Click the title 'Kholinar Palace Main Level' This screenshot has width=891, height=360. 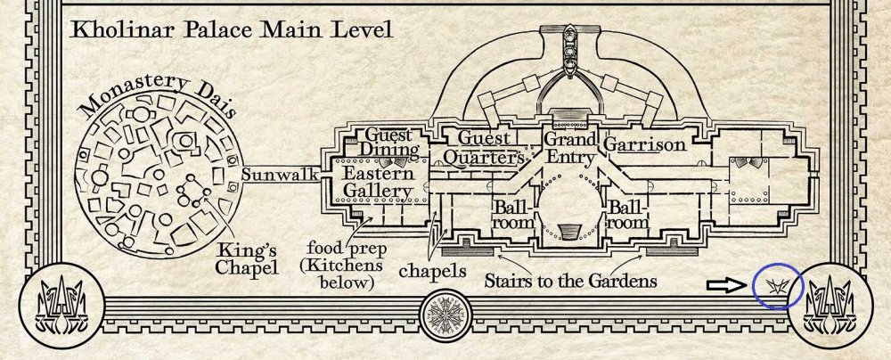click(x=232, y=29)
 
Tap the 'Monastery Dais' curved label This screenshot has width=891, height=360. click(x=158, y=95)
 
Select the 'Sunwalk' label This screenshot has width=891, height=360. click(x=280, y=175)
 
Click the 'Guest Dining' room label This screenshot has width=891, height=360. click(x=388, y=143)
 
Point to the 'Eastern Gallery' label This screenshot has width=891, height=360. click(x=378, y=182)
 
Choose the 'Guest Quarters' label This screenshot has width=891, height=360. click(x=484, y=147)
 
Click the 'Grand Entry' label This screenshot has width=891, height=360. click(x=570, y=147)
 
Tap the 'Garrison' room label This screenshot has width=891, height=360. click(x=644, y=144)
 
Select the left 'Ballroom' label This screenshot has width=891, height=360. click(x=512, y=214)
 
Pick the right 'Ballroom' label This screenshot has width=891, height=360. click(x=628, y=214)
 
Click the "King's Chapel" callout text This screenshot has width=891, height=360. click(x=246, y=259)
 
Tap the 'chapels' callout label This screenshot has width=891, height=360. click(x=432, y=271)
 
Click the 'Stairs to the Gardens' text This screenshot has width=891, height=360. click(x=570, y=281)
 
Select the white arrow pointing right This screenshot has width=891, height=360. click(x=726, y=285)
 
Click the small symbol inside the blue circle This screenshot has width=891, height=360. click(x=778, y=286)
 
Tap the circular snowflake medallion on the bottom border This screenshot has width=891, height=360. click(x=446, y=315)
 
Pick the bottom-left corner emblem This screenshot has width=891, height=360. click(x=62, y=306)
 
